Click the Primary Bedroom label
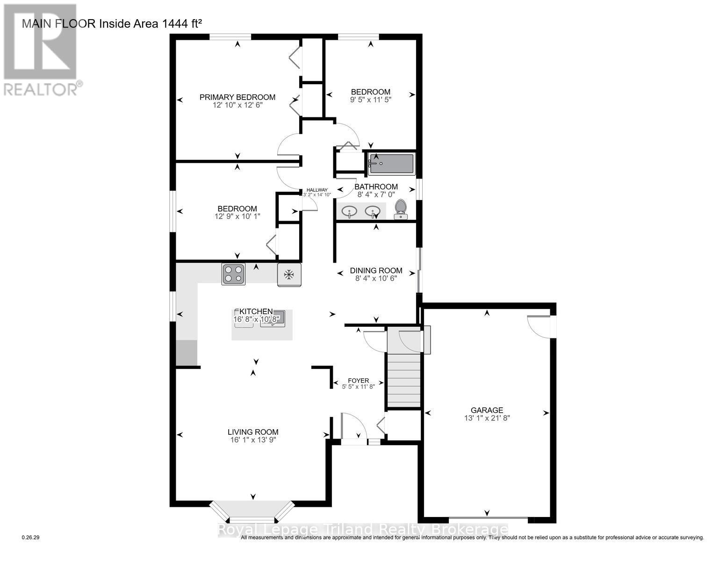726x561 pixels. (237, 97)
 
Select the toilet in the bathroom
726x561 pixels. (401, 209)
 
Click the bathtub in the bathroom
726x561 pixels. (391, 164)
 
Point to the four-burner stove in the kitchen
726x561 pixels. (233, 273)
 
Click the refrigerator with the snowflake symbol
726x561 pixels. (289, 274)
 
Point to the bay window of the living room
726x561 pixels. (252, 512)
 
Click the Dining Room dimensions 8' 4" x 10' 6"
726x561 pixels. (376, 279)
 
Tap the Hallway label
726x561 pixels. (317, 190)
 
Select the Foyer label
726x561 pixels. (358, 381)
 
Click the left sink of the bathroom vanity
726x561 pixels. (349, 211)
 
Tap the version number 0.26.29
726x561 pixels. (30, 538)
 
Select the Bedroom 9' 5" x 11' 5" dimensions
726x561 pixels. (371, 100)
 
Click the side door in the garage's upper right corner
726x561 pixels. (540, 325)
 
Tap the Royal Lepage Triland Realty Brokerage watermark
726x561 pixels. (363, 530)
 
